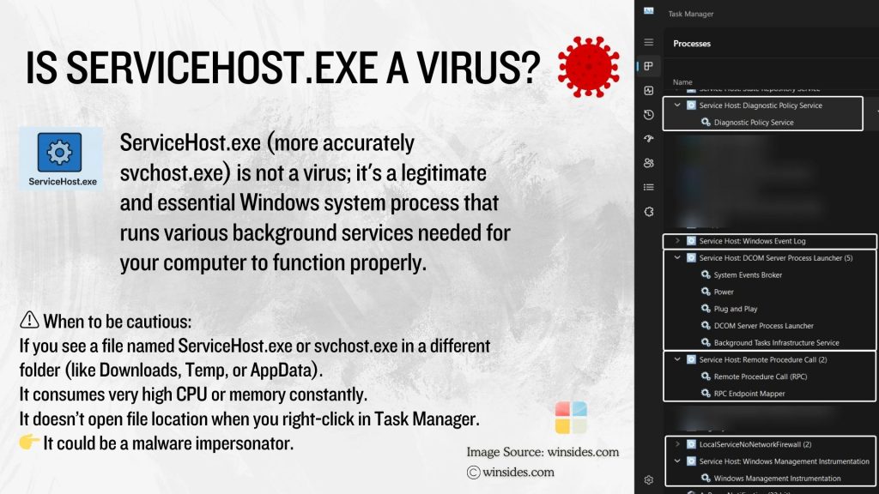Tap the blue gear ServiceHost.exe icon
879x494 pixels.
(x=59, y=152)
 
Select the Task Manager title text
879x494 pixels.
(x=691, y=14)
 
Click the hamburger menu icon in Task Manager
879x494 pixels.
(x=649, y=42)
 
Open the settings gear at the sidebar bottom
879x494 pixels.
(x=649, y=479)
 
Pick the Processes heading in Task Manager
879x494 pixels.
(x=692, y=44)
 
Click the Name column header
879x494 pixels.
(x=682, y=82)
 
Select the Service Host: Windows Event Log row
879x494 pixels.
(x=752, y=241)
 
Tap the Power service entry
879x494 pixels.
(x=724, y=292)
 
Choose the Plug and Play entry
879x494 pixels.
(x=736, y=309)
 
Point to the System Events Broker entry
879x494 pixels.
(x=748, y=275)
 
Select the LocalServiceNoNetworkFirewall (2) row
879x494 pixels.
(x=755, y=444)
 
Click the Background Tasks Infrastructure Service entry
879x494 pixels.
(x=776, y=343)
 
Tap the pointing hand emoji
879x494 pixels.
(x=28, y=443)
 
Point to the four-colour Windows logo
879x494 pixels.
(x=571, y=418)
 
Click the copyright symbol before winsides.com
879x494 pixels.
(x=473, y=472)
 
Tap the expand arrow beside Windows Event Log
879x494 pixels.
(x=677, y=241)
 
